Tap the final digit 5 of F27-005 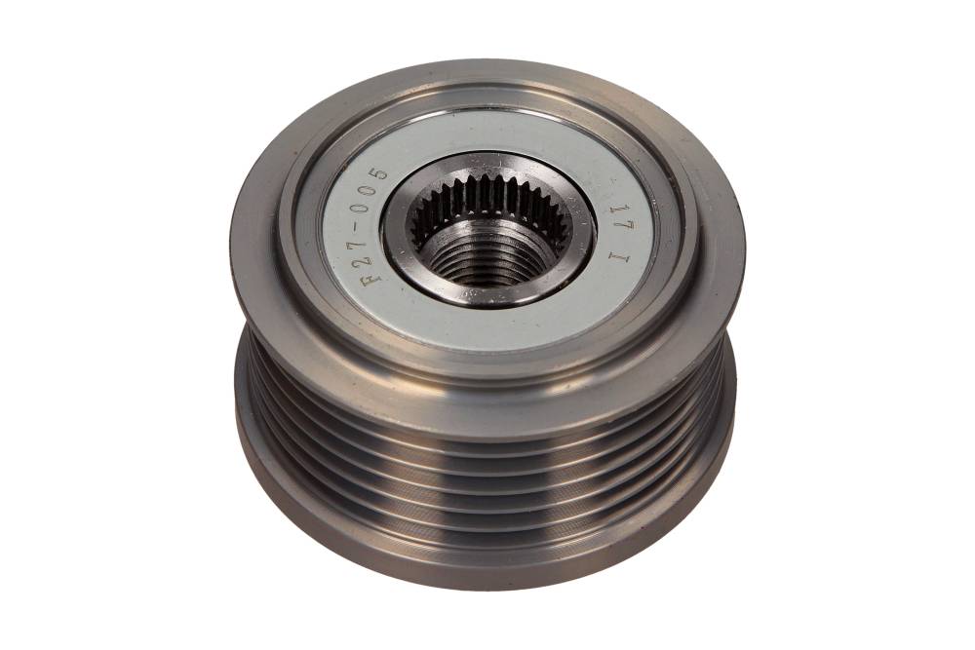(382, 171)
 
